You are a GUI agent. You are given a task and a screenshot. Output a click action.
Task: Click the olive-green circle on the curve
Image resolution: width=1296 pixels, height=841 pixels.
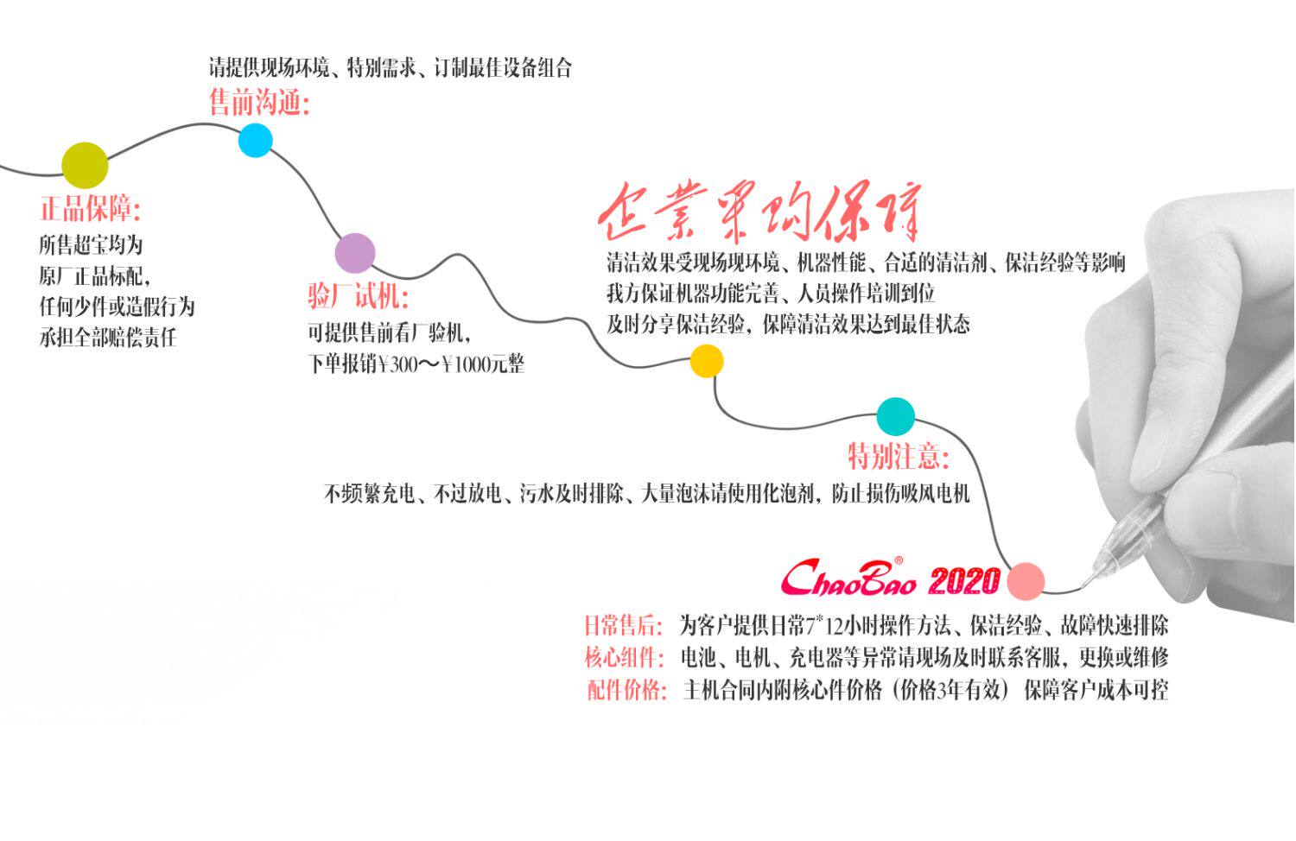[x=85, y=165]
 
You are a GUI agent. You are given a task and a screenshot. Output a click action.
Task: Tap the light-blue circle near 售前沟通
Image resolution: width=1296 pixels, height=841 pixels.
[x=255, y=140]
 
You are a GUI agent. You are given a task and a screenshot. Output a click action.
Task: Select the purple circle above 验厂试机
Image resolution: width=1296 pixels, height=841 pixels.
[x=355, y=253]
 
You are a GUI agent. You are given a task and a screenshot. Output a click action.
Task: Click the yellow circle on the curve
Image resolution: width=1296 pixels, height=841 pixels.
[x=706, y=361]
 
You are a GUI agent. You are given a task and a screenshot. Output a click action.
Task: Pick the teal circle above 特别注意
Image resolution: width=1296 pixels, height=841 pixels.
[x=896, y=417]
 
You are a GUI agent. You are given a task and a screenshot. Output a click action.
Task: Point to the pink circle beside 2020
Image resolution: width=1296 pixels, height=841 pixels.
[x=1026, y=580]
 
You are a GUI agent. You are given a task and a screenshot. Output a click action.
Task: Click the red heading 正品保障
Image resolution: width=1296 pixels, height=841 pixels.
[x=90, y=209]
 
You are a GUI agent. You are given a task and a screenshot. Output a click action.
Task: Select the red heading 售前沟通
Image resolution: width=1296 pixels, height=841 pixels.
[x=258, y=104]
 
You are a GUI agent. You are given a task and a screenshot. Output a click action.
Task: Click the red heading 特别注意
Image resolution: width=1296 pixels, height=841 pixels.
[x=898, y=455]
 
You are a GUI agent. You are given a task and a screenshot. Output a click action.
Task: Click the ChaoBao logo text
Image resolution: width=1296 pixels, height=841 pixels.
[x=848, y=579]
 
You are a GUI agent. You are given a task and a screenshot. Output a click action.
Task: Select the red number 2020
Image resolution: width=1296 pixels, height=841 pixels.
[x=964, y=581]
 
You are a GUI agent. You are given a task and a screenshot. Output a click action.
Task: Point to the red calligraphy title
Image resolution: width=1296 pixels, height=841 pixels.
[x=760, y=212]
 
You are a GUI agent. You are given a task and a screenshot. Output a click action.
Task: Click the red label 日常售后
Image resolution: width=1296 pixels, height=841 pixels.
[x=623, y=625]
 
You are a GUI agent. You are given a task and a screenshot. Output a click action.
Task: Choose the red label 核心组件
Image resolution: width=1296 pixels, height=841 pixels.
[x=624, y=658]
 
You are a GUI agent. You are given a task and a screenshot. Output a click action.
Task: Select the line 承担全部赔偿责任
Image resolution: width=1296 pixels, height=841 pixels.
[x=107, y=338]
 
